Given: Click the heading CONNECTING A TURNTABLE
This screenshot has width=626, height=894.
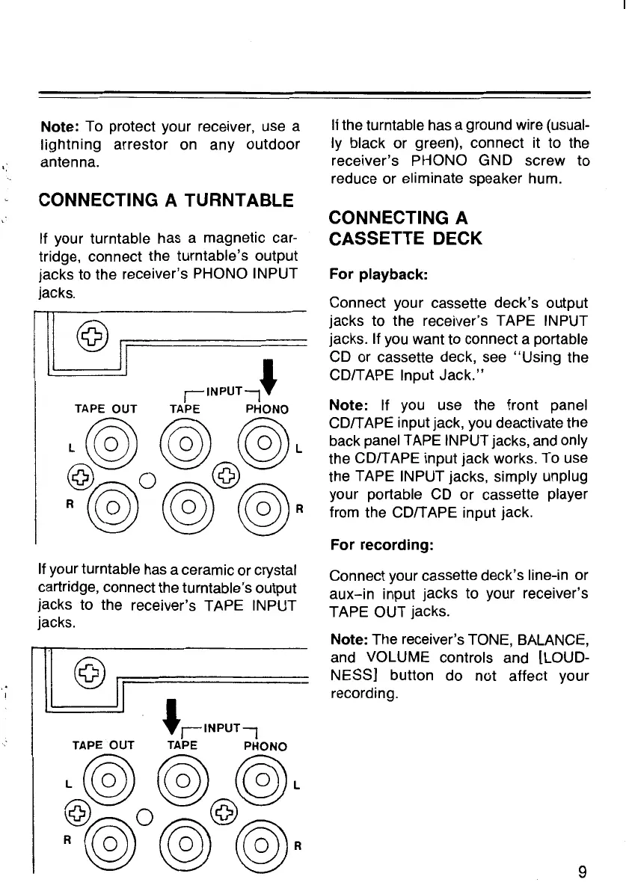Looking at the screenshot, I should pos(166,200).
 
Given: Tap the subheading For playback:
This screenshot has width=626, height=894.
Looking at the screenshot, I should pos(378,274).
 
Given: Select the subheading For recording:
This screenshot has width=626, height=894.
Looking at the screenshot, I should pos(381,545).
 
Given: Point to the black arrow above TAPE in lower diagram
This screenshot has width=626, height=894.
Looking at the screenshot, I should pos(172,712).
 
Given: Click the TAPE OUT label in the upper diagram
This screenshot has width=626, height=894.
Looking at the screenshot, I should pos(106,408).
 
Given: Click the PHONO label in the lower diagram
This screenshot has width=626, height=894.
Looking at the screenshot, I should pos(266,745).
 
